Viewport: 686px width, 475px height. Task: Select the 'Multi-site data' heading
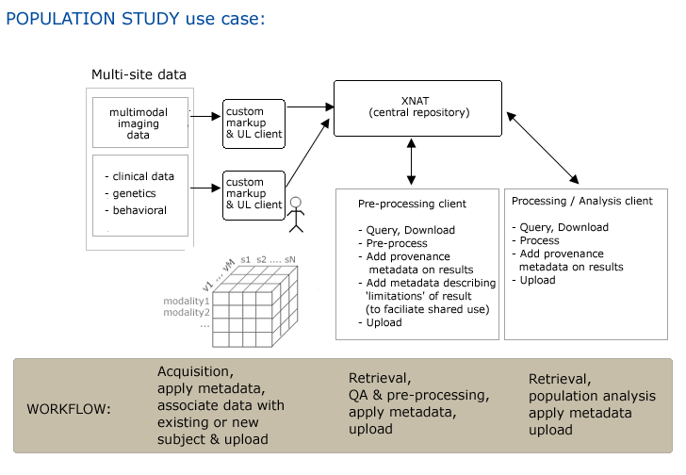coord(139,74)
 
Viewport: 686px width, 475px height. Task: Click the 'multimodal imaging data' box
coord(139,123)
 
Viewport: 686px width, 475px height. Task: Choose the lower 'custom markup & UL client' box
coord(253,194)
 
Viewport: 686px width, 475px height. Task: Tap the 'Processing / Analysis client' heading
coord(581,201)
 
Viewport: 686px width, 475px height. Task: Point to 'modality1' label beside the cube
coord(187,301)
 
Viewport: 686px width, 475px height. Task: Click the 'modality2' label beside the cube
coord(187,312)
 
